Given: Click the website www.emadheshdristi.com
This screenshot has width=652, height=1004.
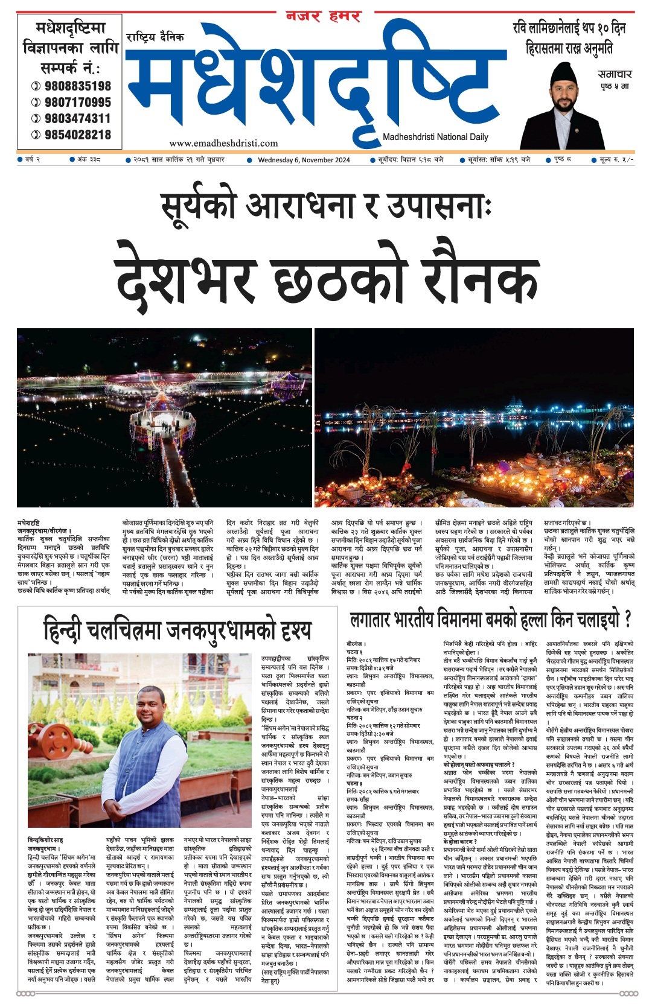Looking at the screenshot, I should point(223,143).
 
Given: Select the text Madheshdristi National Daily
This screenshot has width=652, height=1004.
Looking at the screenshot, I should point(435,137).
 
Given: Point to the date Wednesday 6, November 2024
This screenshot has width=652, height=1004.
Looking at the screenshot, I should point(304,160).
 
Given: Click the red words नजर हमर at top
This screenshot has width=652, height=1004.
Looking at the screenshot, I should point(324,16).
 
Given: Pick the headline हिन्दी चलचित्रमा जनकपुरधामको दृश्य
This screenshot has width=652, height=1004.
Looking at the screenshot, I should point(177,631).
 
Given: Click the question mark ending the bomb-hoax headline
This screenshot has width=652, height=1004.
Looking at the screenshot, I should point(627,619).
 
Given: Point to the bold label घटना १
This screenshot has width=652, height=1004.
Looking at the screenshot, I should point(355,652).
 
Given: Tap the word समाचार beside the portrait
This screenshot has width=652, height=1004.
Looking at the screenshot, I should point(615,74).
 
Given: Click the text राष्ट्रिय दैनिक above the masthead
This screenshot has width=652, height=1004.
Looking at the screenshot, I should point(155,37).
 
